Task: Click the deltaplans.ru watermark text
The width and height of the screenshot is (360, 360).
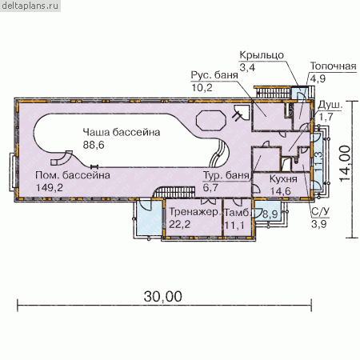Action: point(30,6)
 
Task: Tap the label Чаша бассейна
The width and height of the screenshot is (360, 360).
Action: point(122,132)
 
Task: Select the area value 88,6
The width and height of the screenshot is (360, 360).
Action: point(94,145)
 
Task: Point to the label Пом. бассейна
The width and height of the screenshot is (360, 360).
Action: point(73,175)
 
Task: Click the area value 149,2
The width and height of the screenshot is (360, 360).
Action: point(50,188)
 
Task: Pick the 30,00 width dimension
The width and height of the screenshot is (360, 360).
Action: point(163,297)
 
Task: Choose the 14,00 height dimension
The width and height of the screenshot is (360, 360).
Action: point(345,163)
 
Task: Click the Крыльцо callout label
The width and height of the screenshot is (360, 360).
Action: point(262,55)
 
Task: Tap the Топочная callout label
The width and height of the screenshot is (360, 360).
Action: point(334,66)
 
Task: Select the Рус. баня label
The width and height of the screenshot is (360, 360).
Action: point(214,75)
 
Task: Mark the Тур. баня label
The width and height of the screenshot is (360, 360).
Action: point(226,175)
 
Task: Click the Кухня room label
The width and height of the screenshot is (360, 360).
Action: point(283,178)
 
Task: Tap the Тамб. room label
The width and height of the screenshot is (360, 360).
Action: point(237,213)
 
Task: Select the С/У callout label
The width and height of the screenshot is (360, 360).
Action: point(320,212)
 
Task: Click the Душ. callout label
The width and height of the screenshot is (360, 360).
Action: point(330,105)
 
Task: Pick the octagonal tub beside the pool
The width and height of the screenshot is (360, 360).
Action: point(210,121)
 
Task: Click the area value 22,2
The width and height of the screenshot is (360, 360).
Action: point(180,224)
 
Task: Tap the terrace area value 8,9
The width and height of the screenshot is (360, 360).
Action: point(270,214)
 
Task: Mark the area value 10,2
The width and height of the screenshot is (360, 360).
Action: point(202,87)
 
